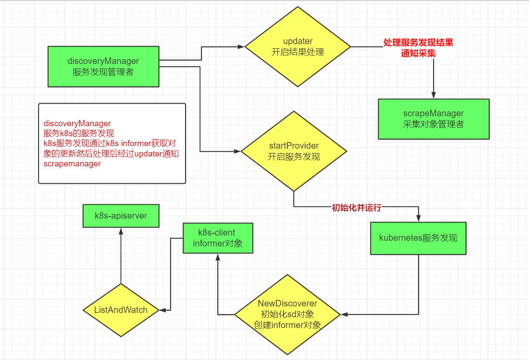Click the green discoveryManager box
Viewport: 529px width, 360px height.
click(x=104, y=67)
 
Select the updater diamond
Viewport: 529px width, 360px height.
click(x=298, y=47)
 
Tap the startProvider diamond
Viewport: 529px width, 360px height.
click(x=294, y=151)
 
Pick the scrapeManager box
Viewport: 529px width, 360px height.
click(x=434, y=119)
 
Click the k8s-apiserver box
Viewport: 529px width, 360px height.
click(x=121, y=216)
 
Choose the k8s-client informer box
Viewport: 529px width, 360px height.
click(x=218, y=238)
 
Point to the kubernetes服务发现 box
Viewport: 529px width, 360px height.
click(x=418, y=238)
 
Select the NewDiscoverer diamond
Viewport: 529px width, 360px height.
click(x=288, y=314)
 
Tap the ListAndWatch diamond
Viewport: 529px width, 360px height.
click(x=121, y=310)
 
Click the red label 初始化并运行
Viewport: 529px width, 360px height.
click(x=357, y=207)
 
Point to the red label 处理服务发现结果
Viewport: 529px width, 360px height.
click(x=418, y=42)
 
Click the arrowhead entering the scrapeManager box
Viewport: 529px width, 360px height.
click(x=434, y=95)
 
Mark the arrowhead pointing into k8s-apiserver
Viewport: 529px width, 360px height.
click(x=121, y=231)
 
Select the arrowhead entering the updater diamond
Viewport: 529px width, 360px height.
click(x=241, y=47)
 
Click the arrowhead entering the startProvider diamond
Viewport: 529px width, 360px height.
click(x=237, y=151)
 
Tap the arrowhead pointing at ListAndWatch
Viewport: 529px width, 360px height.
click(x=163, y=310)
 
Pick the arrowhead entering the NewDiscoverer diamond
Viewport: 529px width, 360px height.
click(x=344, y=314)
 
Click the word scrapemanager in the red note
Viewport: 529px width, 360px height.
click(x=72, y=163)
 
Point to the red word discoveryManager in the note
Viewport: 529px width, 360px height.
click(x=77, y=124)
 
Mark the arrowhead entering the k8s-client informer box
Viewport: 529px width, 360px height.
click(x=218, y=257)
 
